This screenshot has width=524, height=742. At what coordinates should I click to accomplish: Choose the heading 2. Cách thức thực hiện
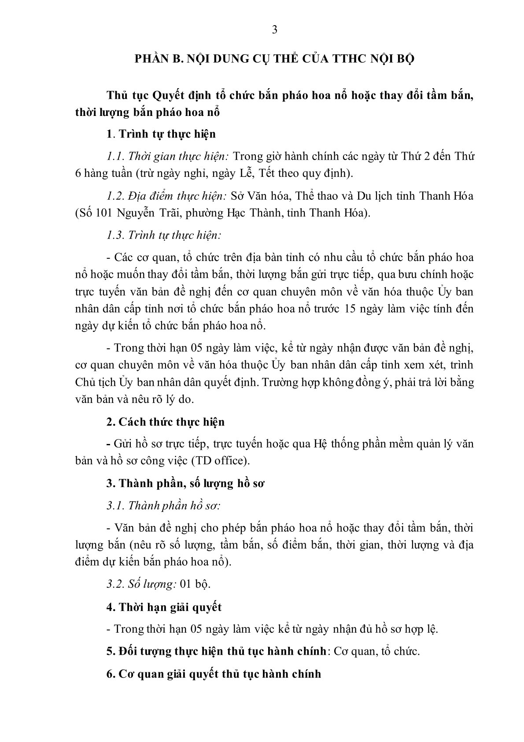tap(166, 422)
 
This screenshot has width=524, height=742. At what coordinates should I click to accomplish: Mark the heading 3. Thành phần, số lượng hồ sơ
tap(185, 483)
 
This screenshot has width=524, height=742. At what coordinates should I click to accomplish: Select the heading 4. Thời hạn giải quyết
tap(164, 607)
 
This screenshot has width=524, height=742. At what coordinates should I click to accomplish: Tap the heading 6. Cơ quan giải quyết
tap(214, 674)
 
